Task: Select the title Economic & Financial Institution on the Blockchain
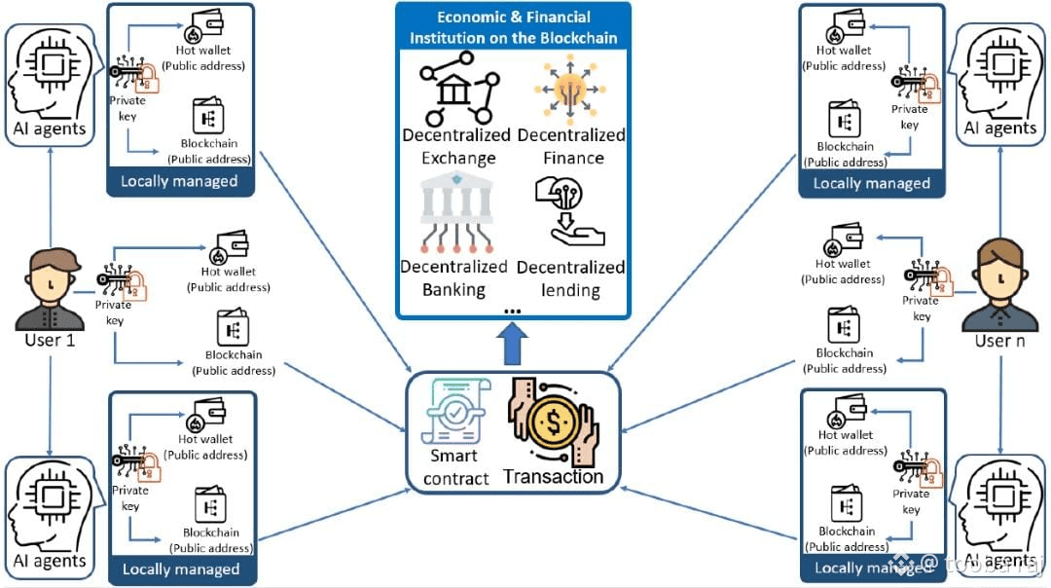click(513, 28)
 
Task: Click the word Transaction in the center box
click(553, 477)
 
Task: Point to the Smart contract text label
click(455, 467)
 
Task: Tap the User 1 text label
click(50, 342)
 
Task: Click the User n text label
click(998, 342)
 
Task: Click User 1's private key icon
click(121, 281)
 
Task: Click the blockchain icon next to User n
click(843, 325)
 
